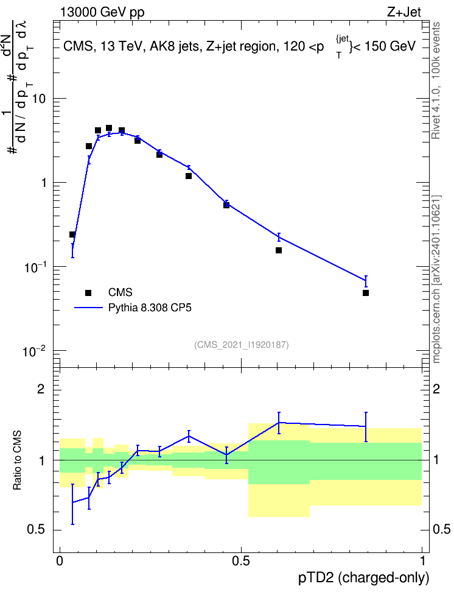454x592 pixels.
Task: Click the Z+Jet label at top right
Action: pos(404,12)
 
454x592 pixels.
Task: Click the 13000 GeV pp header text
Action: pos(102,12)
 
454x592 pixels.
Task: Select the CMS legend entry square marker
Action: pos(88,292)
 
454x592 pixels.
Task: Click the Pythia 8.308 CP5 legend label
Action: pos(150,308)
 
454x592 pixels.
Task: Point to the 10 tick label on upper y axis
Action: pos(39,99)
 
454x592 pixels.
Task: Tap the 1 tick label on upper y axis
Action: pos(43,183)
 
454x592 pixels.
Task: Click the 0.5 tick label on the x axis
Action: pos(241,561)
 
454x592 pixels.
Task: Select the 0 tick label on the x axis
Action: pos(60,561)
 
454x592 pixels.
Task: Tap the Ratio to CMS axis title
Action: pos(17,460)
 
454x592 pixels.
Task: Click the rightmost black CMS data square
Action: pos(365,293)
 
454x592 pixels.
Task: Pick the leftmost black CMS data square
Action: pos(72,234)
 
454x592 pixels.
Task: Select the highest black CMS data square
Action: pos(109,128)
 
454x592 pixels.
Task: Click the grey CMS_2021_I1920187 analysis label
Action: pos(242,345)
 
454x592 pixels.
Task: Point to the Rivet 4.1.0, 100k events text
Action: pos(436,80)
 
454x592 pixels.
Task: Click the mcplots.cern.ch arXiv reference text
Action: pos(436,280)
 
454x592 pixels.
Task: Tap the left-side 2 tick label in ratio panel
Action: pos(41,389)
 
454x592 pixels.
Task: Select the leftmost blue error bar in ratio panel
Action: pos(72,504)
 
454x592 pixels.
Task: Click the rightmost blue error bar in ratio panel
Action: pos(366,426)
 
